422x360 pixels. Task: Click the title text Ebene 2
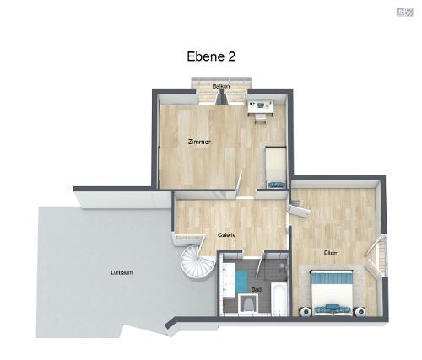click(x=210, y=56)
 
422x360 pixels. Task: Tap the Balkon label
click(x=222, y=87)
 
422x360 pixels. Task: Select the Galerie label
click(x=226, y=234)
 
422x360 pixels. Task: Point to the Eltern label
click(x=331, y=252)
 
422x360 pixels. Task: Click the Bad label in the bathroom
click(x=257, y=289)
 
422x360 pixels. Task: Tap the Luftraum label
click(x=122, y=272)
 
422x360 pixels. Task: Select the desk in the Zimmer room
click(x=260, y=106)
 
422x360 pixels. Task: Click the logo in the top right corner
click(x=406, y=12)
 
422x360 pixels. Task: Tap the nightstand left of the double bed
click(x=301, y=310)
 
